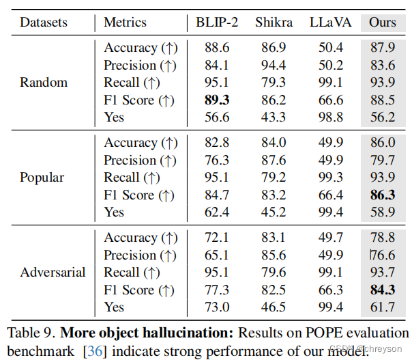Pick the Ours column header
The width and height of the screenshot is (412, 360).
tap(382, 23)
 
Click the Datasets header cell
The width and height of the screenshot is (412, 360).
tap(44, 23)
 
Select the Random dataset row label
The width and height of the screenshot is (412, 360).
tap(44, 83)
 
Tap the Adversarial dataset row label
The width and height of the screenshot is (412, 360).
tap(53, 273)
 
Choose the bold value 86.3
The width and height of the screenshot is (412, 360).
tap(382, 195)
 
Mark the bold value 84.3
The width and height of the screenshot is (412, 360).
tap(382, 290)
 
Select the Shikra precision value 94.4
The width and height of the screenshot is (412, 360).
tap(273, 65)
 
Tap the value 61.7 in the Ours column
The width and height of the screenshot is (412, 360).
tap(382, 307)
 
